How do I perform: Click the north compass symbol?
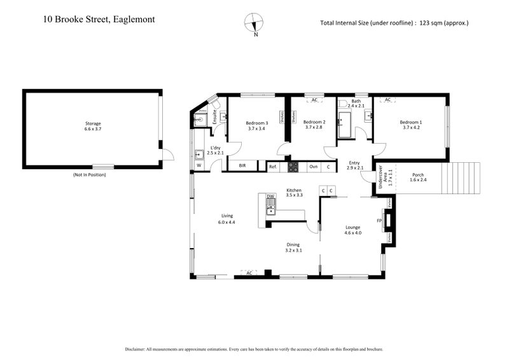[255, 22]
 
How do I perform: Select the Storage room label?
[93, 123]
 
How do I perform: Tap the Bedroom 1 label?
[411, 122]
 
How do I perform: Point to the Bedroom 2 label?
[314, 122]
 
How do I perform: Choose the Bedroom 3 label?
[257, 122]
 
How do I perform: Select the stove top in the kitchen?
[294, 167]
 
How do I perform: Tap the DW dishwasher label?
[270, 197]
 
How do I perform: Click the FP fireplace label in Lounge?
[379, 221]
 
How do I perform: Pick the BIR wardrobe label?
[242, 166]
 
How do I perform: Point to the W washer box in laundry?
[199, 166]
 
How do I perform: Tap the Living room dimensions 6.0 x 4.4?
[227, 222]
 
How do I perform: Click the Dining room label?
[293, 245]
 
